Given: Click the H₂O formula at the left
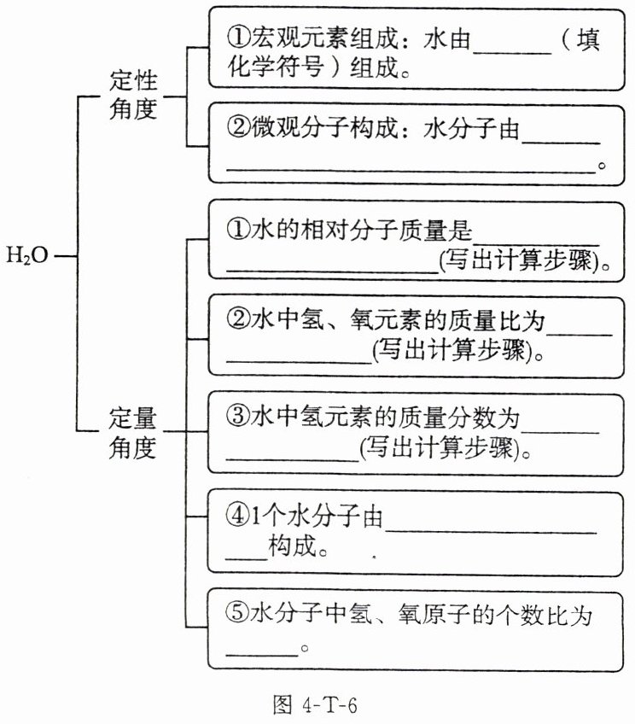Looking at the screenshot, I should click(28, 255).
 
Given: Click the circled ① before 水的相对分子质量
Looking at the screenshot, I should click(236, 230).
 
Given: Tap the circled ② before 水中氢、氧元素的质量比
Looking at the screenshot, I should click(236, 321).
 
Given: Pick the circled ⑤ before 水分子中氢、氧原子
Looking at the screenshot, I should click(236, 614).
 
